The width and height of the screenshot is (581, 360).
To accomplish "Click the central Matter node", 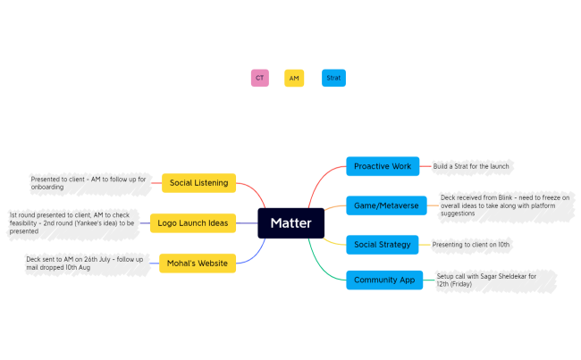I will [290, 222].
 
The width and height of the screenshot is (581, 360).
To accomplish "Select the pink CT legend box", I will [259, 79].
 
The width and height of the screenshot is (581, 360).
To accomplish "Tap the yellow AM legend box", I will [294, 79].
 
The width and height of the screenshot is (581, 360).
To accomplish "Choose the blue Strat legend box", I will [333, 79].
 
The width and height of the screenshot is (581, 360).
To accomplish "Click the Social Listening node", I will [198, 183].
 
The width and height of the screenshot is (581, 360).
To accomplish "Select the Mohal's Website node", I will [198, 263].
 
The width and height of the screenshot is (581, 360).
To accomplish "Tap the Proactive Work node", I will [383, 166].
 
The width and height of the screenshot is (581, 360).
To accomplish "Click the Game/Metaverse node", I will [385, 205].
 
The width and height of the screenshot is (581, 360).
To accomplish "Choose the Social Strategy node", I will [383, 244].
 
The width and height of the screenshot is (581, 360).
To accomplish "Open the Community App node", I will [384, 280].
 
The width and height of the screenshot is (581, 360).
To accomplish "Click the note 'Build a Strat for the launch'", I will [470, 166].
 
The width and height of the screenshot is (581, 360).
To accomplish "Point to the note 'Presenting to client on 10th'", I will [471, 244].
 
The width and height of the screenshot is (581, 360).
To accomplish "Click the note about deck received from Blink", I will [505, 205].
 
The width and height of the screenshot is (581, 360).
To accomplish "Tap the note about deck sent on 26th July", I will [84, 263].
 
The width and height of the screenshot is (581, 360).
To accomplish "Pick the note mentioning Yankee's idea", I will [72, 222].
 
